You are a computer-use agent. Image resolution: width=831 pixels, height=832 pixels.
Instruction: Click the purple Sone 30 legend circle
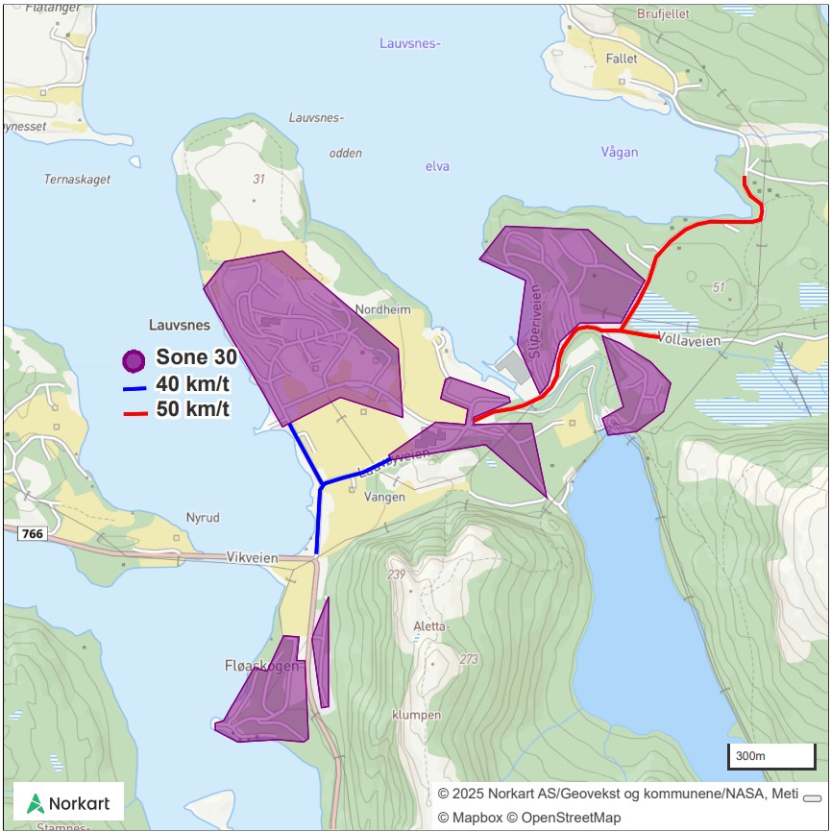pyautogui.click(x=134, y=361)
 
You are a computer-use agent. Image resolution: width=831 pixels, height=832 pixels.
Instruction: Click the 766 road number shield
pyautogui.click(x=32, y=533)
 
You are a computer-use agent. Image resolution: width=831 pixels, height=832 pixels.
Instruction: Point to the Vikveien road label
pyautogui.click(x=252, y=557)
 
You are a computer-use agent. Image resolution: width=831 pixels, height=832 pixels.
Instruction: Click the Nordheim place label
pyautogui.click(x=382, y=309)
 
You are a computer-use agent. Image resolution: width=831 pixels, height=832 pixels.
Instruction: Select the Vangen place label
pyautogui.click(x=385, y=497)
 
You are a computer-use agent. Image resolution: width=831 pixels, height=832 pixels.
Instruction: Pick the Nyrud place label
pyautogui.click(x=203, y=518)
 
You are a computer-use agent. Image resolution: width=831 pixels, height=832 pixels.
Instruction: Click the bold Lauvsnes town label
pyautogui.click(x=180, y=326)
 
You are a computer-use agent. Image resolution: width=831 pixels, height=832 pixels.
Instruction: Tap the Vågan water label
pyautogui.click(x=619, y=152)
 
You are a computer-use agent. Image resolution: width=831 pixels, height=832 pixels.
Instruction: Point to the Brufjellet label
pyautogui.click(x=664, y=14)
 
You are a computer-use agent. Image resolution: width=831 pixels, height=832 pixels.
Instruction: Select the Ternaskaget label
pyautogui.click(x=77, y=180)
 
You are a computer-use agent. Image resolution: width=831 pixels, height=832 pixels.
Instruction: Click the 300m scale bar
pyautogui.click(x=771, y=757)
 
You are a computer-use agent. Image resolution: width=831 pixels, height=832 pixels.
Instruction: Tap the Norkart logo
pyautogui.click(x=68, y=803)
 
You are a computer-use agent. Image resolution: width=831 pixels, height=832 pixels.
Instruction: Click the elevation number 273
pyautogui.click(x=469, y=659)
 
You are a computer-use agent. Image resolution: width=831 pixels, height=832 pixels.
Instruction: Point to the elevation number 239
pyautogui.click(x=396, y=575)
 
